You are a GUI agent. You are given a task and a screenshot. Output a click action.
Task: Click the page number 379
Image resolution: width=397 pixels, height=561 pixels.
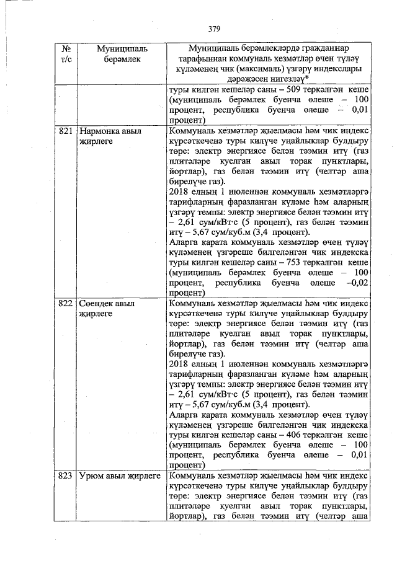(x=215, y=29)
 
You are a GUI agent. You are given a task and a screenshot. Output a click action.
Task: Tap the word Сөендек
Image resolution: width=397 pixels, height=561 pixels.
(x=98, y=304)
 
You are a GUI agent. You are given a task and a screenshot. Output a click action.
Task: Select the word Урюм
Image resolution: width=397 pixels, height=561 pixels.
(x=92, y=476)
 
